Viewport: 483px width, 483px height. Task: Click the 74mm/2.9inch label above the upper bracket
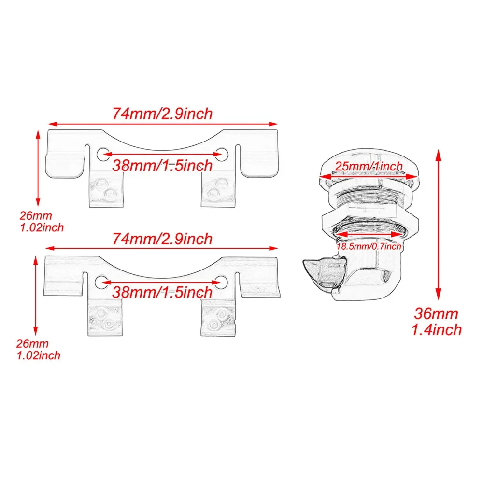click(x=162, y=114)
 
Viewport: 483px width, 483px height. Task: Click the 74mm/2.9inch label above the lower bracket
click(x=162, y=239)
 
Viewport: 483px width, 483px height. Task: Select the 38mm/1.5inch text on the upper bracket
click(x=162, y=166)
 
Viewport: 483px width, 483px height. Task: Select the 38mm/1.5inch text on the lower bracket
click(x=162, y=292)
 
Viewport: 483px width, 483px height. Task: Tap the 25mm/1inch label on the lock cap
click(x=369, y=166)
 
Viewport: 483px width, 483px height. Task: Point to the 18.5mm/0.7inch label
click(x=369, y=246)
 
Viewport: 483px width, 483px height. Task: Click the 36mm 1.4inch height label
click(x=437, y=322)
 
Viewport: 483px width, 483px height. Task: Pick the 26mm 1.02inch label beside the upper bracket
click(x=42, y=222)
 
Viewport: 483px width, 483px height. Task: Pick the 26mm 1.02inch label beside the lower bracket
click(x=38, y=349)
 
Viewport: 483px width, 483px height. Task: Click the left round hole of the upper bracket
click(x=102, y=155)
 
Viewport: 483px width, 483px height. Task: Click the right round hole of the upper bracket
click(x=222, y=155)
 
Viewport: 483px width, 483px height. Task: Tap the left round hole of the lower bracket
click(x=101, y=283)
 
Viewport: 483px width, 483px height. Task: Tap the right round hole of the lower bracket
click(x=221, y=283)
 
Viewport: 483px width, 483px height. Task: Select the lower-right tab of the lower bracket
click(x=218, y=318)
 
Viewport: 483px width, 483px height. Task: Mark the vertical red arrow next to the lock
click(x=439, y=225)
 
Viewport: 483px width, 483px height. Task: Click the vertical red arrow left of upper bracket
click(x=38, y=168)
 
